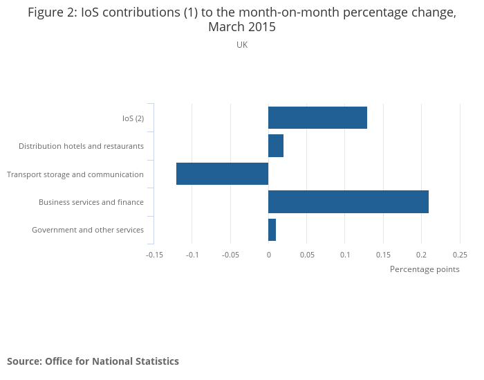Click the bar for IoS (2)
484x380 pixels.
click(317, 118)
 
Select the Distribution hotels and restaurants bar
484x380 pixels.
click(276, 146)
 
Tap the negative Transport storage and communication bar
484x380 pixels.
click(222, 174)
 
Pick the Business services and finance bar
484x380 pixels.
click(348, 201)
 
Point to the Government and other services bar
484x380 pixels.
click(272, 230)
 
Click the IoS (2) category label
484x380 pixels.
click(133, 118)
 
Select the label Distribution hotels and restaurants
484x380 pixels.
click(81, 146)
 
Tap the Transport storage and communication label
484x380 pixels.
click(75, 174)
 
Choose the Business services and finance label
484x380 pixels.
click(91, 202)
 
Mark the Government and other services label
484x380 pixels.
click(88, 230)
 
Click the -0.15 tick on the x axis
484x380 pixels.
click(154, 255)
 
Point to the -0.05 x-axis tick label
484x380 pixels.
click(230, 255)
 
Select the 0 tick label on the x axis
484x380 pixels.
click(268, 255)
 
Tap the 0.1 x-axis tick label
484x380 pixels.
click(345, 255)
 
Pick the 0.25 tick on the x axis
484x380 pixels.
click(460, 255)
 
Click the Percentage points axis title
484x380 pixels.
click(425, 269)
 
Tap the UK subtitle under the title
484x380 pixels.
click(242, 45)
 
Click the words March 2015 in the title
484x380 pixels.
click(242, 28)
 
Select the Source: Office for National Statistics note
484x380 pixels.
click(93, 361)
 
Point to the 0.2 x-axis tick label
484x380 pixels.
click(422, 255)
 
